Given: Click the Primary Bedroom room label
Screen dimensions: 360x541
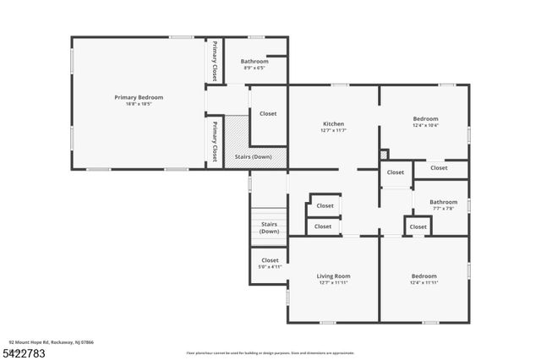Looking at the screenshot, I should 139,97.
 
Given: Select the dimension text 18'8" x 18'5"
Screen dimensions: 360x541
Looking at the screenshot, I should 139,104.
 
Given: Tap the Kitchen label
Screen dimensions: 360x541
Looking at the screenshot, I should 333,123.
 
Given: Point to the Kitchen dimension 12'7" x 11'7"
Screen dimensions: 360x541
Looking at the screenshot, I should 333,130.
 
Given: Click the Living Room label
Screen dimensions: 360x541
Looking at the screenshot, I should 333,275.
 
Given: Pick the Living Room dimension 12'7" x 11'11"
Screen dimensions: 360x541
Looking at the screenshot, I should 333,282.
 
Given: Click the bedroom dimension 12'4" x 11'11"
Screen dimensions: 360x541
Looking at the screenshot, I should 424,282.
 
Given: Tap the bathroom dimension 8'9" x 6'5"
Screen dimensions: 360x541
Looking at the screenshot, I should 254,68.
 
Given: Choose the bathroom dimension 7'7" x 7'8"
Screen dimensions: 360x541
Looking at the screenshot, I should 443,208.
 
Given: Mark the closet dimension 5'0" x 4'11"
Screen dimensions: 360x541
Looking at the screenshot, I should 270,267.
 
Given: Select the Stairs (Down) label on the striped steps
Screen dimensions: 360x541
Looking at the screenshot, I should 270,227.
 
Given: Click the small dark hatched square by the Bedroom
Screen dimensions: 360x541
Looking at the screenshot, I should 384,155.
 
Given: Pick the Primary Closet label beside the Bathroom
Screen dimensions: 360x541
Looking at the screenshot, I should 215,61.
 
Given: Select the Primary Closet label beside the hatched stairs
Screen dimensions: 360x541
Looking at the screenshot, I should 215,137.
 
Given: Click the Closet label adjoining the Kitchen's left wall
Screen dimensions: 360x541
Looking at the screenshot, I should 268,113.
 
